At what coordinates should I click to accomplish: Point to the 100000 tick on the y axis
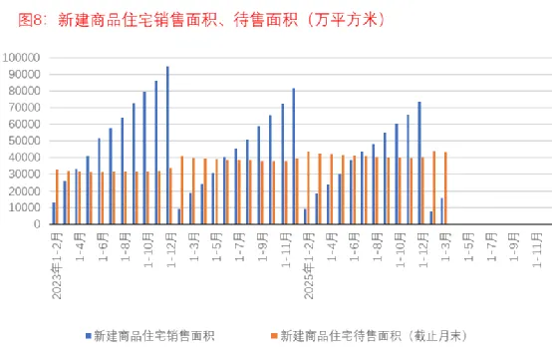pos(24,58)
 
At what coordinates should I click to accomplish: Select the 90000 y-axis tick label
pos(26,75)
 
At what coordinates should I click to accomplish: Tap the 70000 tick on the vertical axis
pos(26,108)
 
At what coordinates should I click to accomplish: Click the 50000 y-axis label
pos(26,142)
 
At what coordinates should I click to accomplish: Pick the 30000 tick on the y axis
pos(26,175)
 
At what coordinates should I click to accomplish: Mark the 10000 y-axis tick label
pos(26,207)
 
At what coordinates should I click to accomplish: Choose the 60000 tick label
pos(26,125)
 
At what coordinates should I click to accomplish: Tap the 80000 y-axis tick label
pos(26,92)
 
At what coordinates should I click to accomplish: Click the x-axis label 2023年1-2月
pos(56,257)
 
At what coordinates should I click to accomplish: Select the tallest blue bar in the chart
pos(167,146)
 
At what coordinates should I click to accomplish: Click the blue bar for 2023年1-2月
pos(54,213)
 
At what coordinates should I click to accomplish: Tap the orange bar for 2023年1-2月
pos(58,197)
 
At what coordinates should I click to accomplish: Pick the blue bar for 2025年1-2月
pos(305,216)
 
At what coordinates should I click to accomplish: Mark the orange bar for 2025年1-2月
pos(309,188)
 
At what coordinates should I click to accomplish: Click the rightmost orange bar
pos(445,188)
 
